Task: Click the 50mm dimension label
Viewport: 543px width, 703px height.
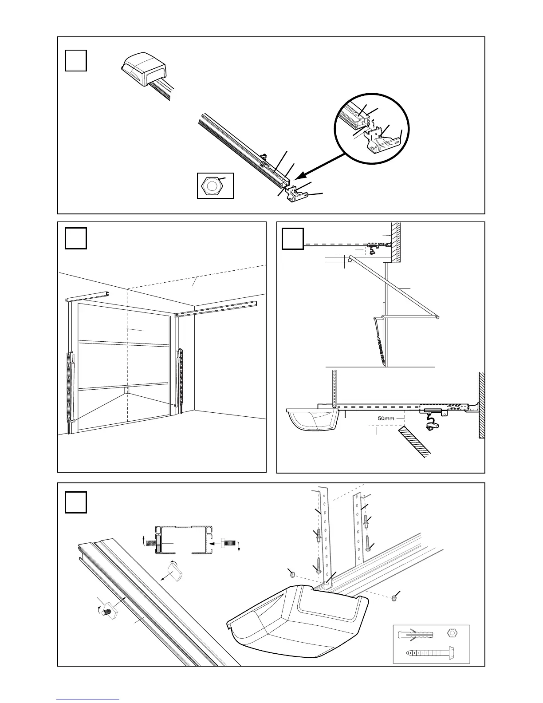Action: pyautogui.click(x=386, y=418)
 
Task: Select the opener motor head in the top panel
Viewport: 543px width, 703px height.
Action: pyautogui.click(x=144, y=69)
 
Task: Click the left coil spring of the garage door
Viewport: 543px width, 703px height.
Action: pyautogui.click(x=71, y=384)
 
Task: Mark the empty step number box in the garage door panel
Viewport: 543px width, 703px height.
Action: pyautogui.click(x=75, y=239)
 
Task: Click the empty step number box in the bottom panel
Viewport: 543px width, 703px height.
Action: pyautogui.click(x=75, y=502)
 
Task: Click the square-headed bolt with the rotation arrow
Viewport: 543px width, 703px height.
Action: pyautogui.click(x=109, y=613)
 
